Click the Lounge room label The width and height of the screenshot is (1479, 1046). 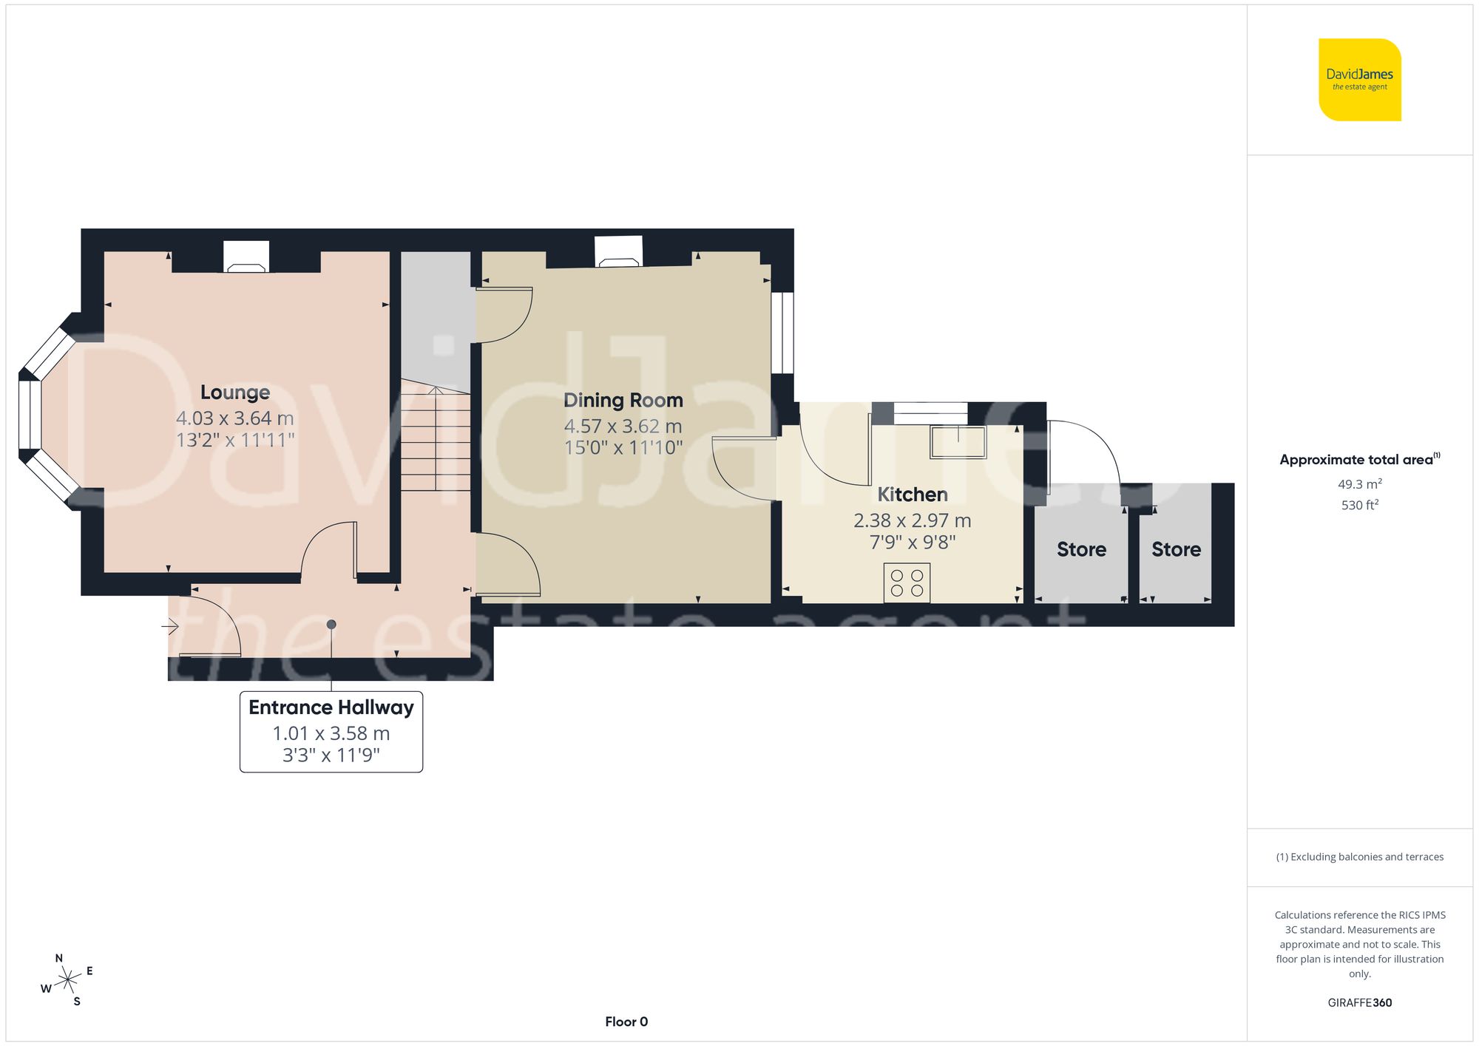coord(235,393)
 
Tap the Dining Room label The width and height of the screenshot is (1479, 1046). coord(623,401)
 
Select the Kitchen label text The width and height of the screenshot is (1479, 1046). coord(912,495)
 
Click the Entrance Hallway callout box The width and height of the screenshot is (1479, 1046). coord(331,731)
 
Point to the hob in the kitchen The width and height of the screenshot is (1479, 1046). coord(907,583)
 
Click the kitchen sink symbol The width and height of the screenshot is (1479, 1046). coord(958,442)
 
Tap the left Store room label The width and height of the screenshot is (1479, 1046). coord(1081,549)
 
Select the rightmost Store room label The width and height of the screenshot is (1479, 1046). coord(1176,549)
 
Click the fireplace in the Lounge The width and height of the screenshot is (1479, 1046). coord(246,258)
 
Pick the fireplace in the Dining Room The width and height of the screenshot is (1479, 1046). coord(619,252)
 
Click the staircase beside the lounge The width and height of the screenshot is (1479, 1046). coord(436,440)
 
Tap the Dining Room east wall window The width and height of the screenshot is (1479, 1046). coord(782,333)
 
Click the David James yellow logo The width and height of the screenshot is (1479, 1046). coord(1359,80)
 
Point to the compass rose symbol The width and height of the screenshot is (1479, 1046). coord(68,980)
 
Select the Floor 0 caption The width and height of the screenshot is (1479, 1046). coord(626,1022)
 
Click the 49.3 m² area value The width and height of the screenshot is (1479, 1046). coord(1359,484)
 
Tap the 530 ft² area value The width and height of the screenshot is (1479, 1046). coord(1359,505)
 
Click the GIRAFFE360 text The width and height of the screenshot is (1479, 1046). coord(1359,1002)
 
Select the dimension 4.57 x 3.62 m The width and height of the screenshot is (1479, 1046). coord(623,427)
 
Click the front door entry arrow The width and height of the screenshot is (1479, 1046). coord(170,627)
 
